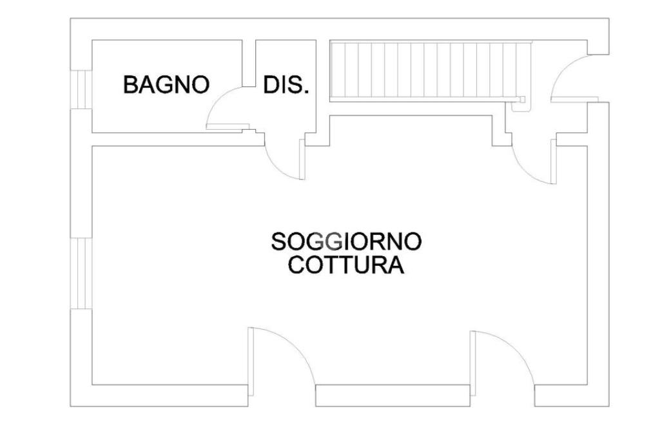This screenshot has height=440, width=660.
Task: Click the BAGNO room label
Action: (x=166, y=85)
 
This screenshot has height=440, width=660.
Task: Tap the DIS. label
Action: (x=286, y=85)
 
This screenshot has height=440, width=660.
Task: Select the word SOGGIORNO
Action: (x=346, y=242)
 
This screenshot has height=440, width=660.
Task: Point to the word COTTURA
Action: (x=346, y=265)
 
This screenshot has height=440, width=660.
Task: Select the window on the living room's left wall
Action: (x=82, y=273)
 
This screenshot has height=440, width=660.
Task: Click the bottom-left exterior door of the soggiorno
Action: (x=281, y=355)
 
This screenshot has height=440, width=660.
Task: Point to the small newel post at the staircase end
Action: (x=523, y=99)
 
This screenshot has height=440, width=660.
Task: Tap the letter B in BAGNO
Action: (x=130, y=85)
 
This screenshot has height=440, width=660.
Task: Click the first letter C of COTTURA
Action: (x=296, y=265)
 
